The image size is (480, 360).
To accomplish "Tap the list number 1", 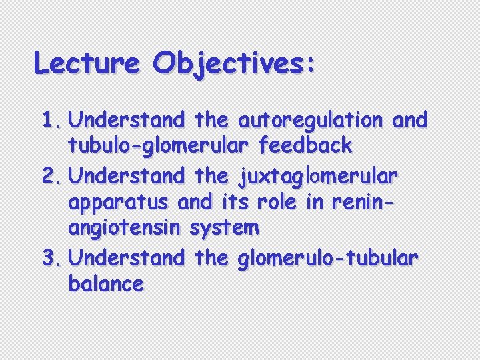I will [50, 121].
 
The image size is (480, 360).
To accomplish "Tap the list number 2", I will [50, 177].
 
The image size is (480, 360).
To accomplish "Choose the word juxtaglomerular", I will [317, 177].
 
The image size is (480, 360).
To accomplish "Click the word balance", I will [106, 284].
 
